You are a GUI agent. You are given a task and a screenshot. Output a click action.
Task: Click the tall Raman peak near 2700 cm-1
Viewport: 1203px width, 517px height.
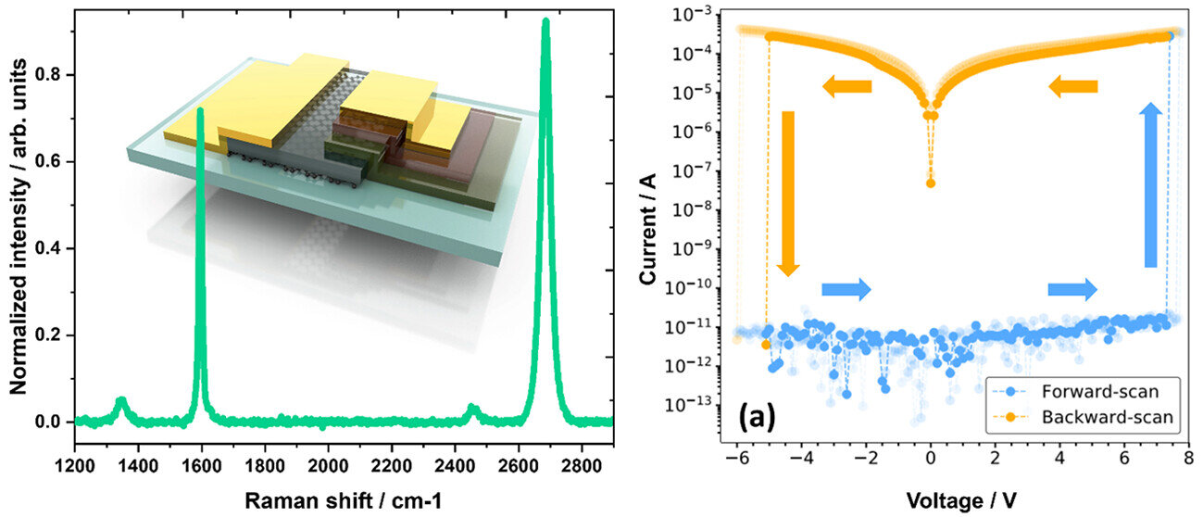(545, 28)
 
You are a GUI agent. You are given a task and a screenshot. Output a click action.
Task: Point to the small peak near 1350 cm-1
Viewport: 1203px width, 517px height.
(121, 401)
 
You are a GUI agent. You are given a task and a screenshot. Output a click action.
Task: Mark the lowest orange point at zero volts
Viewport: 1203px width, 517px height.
(931, 183)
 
